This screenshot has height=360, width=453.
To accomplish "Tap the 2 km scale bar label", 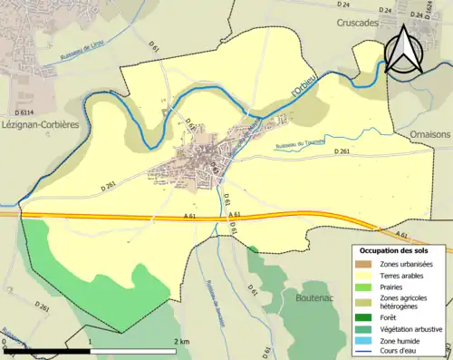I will [180, 341].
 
